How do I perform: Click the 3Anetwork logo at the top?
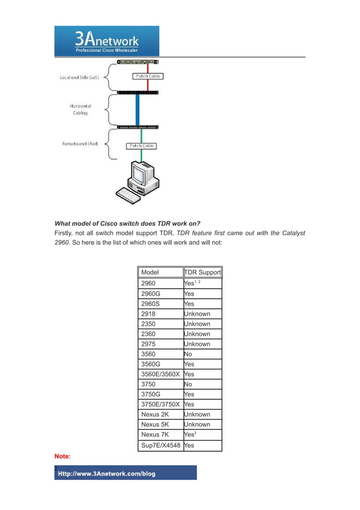coord(107,41)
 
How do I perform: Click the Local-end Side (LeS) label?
coord(80,77)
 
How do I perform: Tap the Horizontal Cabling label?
coord(80,109)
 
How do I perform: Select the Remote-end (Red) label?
coord(80,143)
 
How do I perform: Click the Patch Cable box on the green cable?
coord(141,146)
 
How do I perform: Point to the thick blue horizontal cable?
coord(137,109)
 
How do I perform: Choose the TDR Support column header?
coord(203,273)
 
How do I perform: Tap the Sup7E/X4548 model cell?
coord(161,446)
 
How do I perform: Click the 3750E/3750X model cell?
coord(161,404)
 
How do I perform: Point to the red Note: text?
coord(63,455)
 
